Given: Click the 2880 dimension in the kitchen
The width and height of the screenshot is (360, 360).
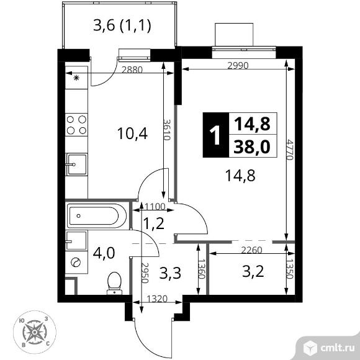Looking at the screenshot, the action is point(132,70).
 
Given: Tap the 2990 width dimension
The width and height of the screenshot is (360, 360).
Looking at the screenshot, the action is point(238,66).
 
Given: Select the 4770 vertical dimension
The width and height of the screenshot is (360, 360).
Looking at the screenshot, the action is point(290,150).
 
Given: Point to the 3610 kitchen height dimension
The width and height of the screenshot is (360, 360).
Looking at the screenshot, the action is point(167,130).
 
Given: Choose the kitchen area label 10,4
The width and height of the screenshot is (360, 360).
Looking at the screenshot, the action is point(132,133).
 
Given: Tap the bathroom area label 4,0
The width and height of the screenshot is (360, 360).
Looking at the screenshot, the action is point(104,253).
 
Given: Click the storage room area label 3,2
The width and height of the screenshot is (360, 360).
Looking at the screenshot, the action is point(253,271).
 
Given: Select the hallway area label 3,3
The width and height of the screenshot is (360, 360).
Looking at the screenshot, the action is point(170,273).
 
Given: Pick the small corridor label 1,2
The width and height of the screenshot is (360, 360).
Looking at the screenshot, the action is point(153,223).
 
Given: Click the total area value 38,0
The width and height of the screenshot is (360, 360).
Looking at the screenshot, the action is point(252,146).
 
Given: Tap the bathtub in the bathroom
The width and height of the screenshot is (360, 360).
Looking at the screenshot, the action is point(96,216).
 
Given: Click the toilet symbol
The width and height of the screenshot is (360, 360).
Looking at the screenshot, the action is point(114,283).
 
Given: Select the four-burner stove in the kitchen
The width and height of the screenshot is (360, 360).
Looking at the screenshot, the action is point(76,125).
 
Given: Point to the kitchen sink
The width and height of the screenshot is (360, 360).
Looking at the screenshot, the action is point(77,164).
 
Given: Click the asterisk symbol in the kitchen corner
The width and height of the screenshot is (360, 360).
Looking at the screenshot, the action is point(76,78).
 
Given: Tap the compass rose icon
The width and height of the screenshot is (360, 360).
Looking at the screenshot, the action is point(35,332).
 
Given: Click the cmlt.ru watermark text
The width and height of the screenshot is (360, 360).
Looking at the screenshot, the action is point(337,348).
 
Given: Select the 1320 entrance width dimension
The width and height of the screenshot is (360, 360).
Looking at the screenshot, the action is point(157,299).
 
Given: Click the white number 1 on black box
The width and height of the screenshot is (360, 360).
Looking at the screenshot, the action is point(216,135).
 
